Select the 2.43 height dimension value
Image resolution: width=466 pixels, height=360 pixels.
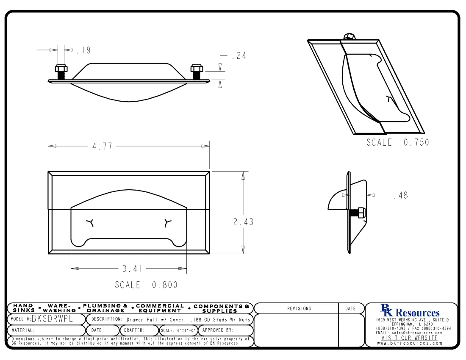point(243,222)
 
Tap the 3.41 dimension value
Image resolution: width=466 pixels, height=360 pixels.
point(132,269)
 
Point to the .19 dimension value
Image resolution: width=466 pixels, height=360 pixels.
point(83,50)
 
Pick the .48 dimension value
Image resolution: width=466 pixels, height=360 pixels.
point(400,196)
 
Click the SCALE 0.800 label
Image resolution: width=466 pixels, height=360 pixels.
point(146,285)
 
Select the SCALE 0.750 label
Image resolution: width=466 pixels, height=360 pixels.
point(397,143)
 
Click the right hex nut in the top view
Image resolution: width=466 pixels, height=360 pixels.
point(196,68)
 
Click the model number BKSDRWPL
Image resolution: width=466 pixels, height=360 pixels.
point(55,319)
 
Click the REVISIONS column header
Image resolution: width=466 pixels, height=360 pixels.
point(299,309)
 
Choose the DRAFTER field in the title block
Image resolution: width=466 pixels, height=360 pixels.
point(135,330)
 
